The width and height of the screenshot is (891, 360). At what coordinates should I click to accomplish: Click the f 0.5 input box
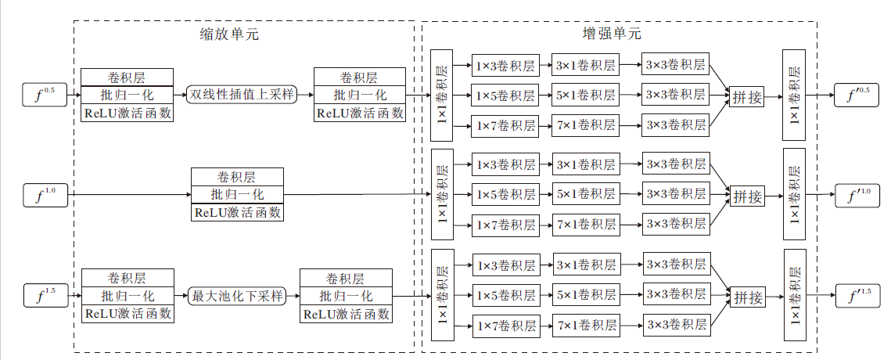(x=44, y=95)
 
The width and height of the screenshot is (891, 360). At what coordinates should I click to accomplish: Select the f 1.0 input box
(x=44, y=194)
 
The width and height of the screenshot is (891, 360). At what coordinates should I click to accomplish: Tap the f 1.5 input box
(x=44, y=297)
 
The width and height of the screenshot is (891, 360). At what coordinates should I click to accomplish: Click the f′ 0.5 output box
(x=858, y=95)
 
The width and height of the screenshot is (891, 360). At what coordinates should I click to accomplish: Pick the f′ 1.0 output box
(x=858, y=195)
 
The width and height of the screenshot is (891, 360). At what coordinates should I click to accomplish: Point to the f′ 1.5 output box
(x=858, y=296)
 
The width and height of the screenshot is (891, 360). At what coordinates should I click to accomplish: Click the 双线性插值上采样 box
(x=242, y=95)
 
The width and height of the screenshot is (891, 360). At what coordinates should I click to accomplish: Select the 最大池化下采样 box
(x=237, y=296)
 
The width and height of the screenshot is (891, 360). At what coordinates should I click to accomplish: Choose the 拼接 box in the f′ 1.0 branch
(x=747, y=196)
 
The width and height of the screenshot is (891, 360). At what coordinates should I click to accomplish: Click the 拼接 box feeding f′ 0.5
(x=747, y=97)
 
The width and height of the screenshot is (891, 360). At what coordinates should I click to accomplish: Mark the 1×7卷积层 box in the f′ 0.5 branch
(x=505, y=125)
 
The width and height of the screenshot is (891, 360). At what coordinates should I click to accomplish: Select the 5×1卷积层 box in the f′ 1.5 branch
(x=586, y=295)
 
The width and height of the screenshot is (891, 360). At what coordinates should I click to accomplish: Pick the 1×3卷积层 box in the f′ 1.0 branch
(x=505, y=166)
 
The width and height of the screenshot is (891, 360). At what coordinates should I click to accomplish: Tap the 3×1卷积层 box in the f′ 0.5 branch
(x=585, y=67)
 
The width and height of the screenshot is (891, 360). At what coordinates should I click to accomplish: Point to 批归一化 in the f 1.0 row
(x=237, y=194)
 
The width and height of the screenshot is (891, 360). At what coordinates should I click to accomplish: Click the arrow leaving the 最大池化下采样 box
(x=293, y=296)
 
